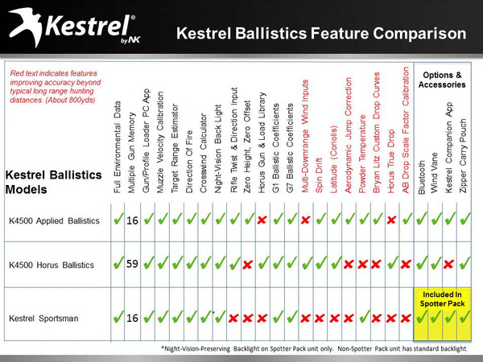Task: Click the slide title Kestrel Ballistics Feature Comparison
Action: (x=320, y=34)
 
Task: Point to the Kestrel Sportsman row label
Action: (x=43, y=319)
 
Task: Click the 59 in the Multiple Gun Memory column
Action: (x=133, y=262)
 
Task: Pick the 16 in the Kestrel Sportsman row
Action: (x=133, y=318)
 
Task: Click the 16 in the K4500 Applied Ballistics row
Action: (x=133, y=220)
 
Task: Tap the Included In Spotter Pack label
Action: (x=442, y=298)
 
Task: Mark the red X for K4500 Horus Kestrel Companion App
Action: (x=450, y=263)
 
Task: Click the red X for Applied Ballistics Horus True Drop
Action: (x=390, y=220)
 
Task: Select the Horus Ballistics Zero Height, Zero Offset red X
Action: (x=247, y=263)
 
